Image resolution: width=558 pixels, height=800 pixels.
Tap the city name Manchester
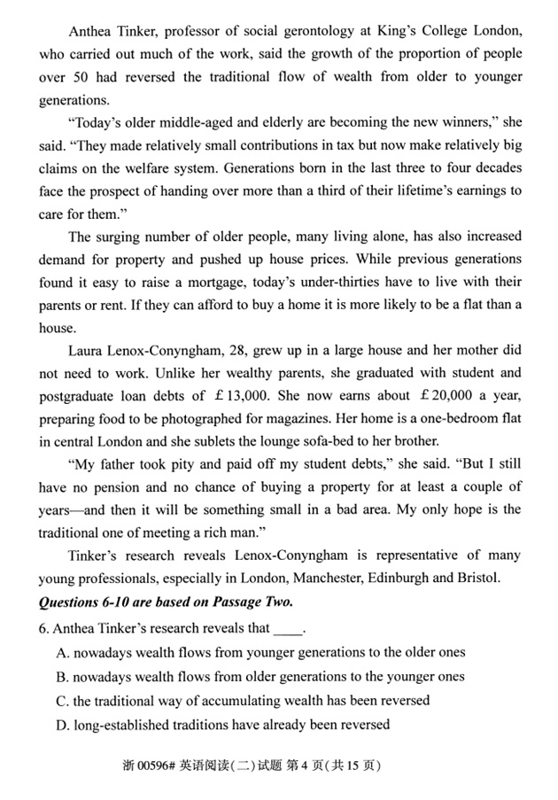point(320,579)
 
